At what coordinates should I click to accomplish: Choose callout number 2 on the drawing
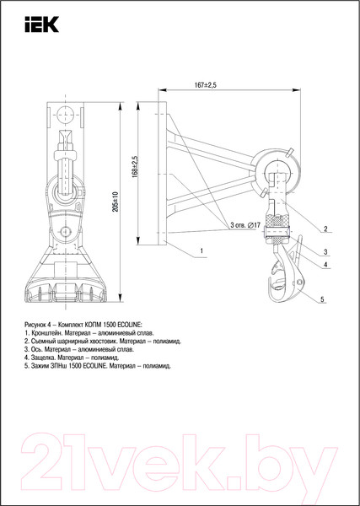pyautogui.click(x=325, y=229)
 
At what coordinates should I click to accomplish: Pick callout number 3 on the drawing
pyautogui.click(x=325, y=252)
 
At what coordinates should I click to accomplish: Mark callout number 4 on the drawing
pyautogui.click(x=325, y=264)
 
